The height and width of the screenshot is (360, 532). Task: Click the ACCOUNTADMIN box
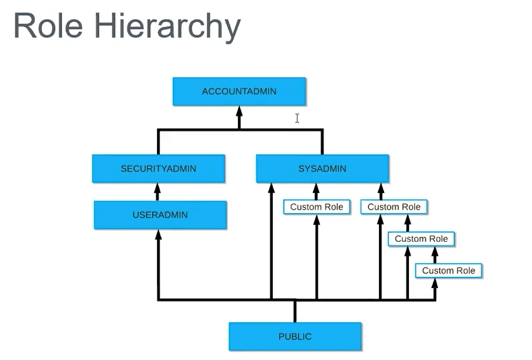pos(239,91)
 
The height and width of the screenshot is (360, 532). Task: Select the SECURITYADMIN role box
pos(158,168)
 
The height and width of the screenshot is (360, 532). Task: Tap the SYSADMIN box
pos(322,168)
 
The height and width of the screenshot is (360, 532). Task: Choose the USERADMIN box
pos(160,214)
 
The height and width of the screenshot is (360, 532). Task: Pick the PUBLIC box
pos(295,337)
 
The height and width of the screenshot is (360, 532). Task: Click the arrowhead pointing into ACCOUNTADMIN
pos(239,110)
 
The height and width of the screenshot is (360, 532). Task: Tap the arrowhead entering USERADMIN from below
pos(158,235)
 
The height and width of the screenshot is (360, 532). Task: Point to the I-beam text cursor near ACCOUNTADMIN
pos(297,118)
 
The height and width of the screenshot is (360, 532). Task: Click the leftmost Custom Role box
pos(317,207)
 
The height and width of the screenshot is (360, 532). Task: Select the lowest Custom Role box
pos(449,271)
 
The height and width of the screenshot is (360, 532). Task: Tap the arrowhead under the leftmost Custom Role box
pos(317,219)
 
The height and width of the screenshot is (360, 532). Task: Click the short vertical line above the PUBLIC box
pos(295,311)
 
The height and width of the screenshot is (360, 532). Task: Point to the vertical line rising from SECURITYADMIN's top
pos(158,142)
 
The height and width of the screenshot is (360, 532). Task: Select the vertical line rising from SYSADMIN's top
pos(322,142)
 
